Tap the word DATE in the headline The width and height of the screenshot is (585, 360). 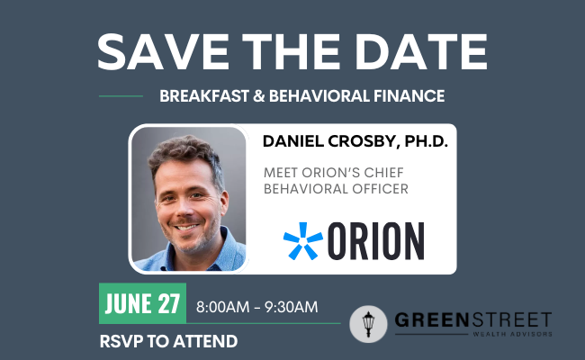(x=421, y=51)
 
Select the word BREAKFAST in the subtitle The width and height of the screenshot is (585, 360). (x=204, y=96)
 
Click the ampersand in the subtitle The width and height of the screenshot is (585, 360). (x=258, y=96)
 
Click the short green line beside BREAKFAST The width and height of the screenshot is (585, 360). (x=121, y=96)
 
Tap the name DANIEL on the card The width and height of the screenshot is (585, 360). (x=293, y=141)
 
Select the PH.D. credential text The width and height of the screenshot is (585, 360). (x=426, y=141)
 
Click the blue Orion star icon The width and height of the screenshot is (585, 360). (x=303, y=241)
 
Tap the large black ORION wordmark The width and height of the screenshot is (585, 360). (x=376, y=241)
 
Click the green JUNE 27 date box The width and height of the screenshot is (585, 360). (x=142, y=303)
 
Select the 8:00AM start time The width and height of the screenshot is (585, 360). (x=222, y=307)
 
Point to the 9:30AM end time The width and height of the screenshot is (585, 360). (x=292, y=307)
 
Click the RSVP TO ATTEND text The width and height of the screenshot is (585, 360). (x=168, y=341)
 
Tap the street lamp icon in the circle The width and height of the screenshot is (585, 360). (x=369, y=324)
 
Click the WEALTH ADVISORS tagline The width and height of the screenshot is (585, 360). (x=512, y=334)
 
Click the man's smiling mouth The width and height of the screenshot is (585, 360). (x=185, y=227)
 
